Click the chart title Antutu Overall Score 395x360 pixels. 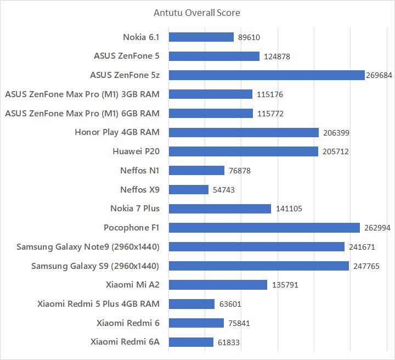coord(197,13)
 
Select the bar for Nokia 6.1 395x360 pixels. coord(201,37)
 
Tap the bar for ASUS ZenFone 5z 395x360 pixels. coord(267,75)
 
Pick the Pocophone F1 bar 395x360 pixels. coord(264,228)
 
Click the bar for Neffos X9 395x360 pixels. coord(189,190)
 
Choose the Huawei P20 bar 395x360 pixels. coord(244,151)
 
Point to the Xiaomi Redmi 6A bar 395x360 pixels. coord(191,342)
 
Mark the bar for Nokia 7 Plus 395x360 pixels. coord(220,209)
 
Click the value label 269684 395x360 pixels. coord(379,75)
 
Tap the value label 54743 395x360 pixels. coord(224,190)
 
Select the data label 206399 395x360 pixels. coord(336,133)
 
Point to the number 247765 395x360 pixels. coord(366,266)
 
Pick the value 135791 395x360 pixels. coord(285,285)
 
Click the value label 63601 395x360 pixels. coord(230,304)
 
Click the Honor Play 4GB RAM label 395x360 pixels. coord(117,132)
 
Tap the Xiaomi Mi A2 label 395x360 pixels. coord(133,285)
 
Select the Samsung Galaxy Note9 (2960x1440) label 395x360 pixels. coord(88,247)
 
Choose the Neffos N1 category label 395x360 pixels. coord(140,171)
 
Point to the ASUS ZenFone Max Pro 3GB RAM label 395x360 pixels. coord(82,94)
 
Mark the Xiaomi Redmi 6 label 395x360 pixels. coord(128,323)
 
